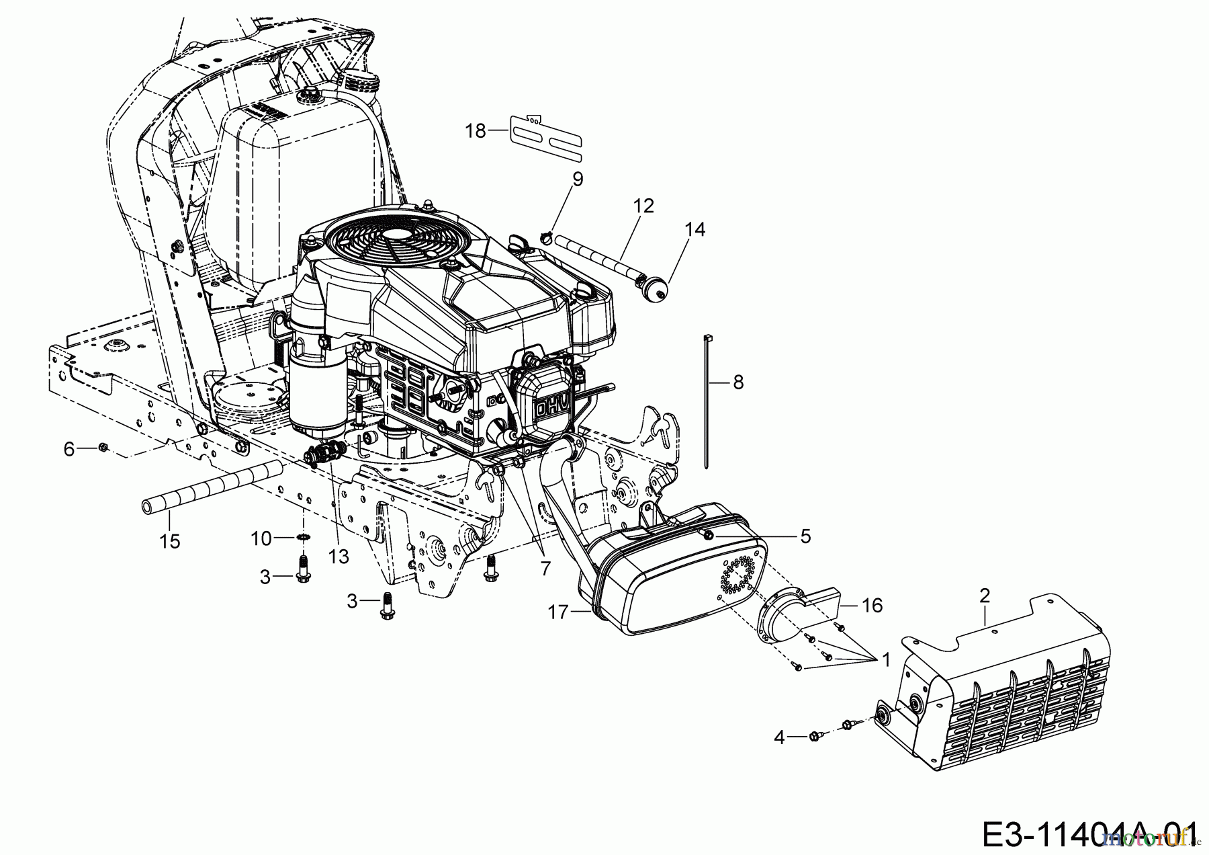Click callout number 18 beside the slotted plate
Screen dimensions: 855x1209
(475, 130)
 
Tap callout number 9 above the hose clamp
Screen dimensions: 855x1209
(578, 179)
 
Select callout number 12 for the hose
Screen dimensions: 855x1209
(643, 205)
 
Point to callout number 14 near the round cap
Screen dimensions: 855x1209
(695, 229)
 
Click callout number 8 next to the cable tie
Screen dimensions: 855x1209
(738, 382)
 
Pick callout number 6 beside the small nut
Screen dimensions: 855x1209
(69, 448)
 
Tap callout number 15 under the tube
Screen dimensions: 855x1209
(170, 540)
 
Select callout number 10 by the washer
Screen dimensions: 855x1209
(261, 538)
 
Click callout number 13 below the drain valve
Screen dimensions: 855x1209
(339, 555)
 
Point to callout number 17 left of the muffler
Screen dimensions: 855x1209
(558, 612)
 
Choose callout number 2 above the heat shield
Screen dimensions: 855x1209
(985, 595)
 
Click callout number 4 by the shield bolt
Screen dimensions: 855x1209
(779, 737)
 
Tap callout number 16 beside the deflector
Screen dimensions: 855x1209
(872, 606)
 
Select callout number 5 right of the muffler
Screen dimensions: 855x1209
(805, 536)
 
